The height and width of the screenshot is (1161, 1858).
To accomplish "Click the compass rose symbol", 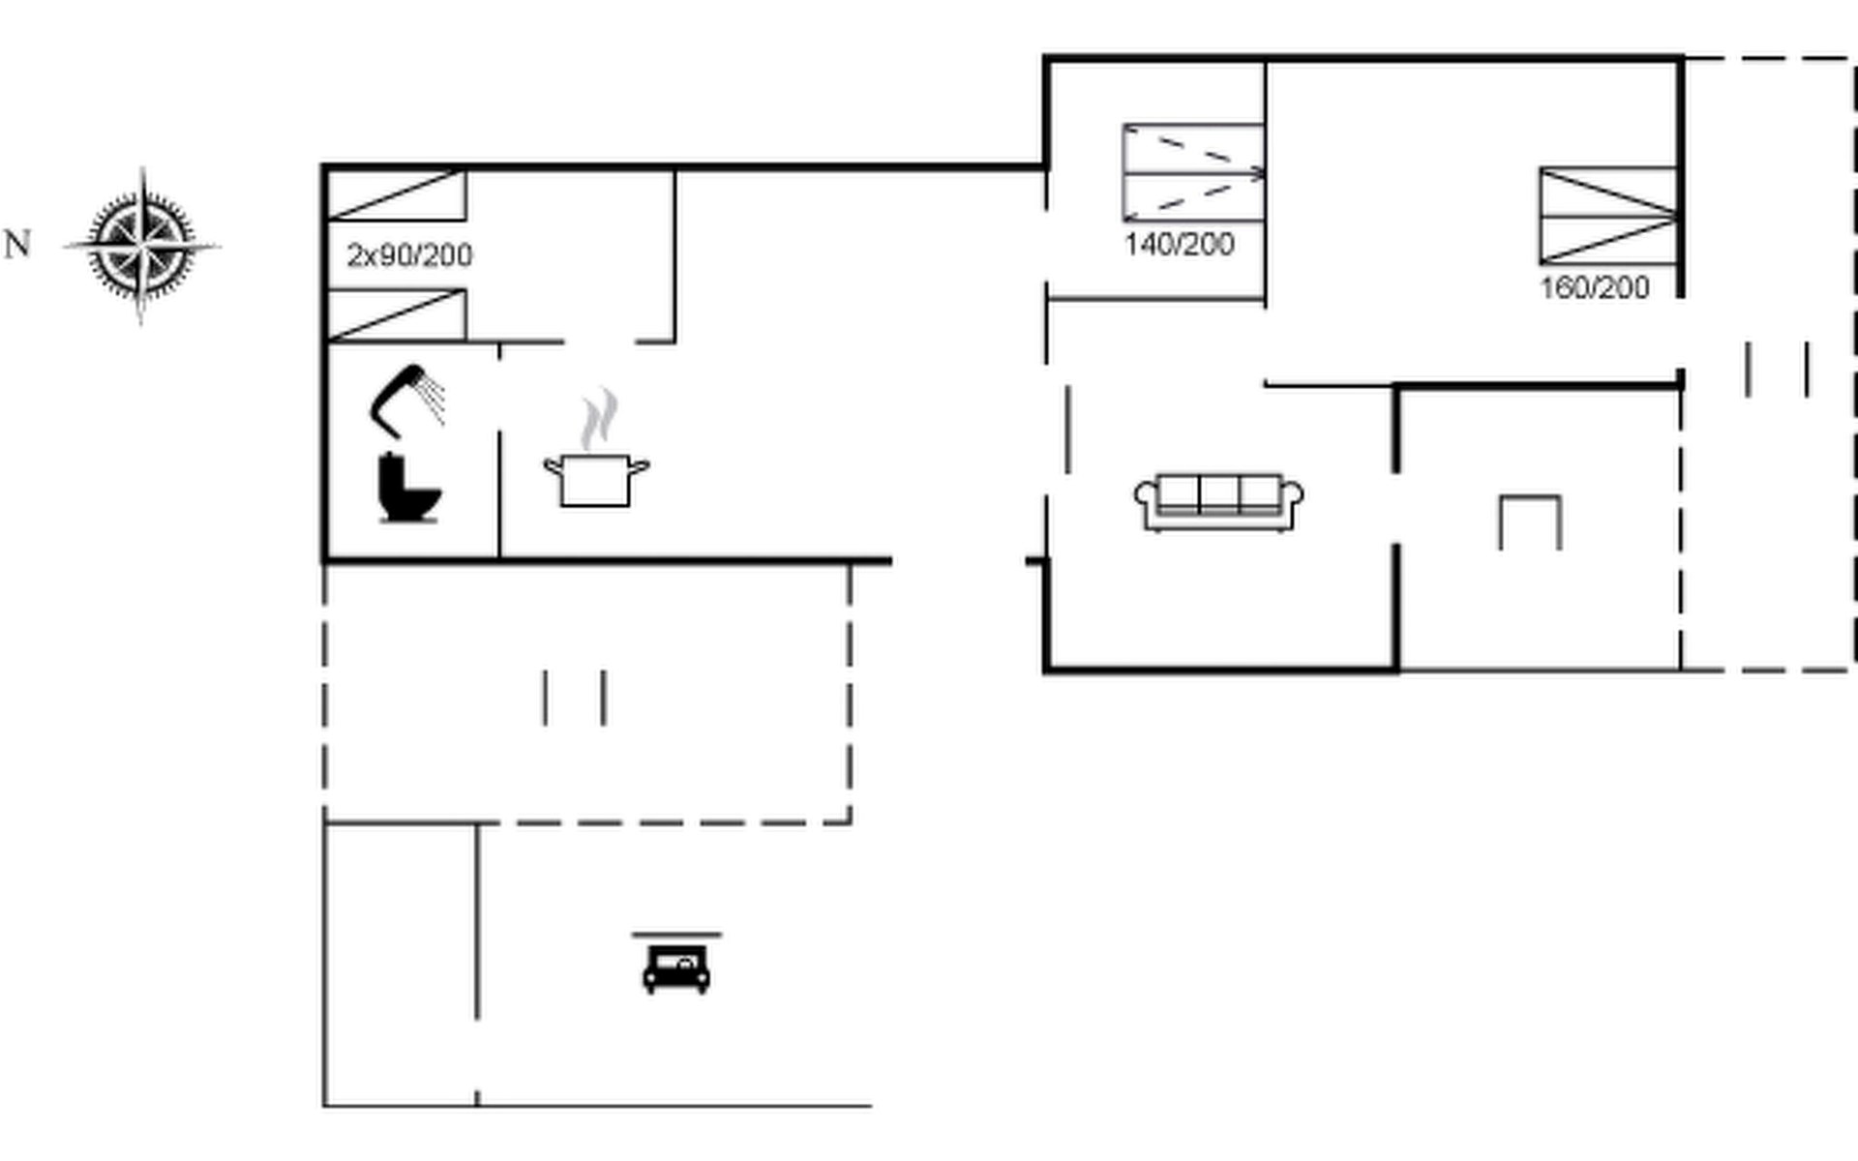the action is (x=142, y=246).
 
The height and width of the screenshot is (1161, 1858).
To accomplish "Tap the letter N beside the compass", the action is (x=17, y=245).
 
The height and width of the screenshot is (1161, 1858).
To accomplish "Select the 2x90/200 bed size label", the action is (x=409, y=255).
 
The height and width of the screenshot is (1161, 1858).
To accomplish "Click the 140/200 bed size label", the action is (x=1179, y=244).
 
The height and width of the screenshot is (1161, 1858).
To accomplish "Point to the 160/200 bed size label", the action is (x=1594, y=287).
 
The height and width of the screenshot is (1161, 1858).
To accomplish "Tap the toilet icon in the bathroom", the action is (x=407, y=488).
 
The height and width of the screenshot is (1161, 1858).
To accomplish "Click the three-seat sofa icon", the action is (x=1218, y=502).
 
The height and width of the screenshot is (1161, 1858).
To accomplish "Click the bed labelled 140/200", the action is (x=1194, y=172).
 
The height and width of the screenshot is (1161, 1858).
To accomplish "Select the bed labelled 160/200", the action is (x=1608, y=216).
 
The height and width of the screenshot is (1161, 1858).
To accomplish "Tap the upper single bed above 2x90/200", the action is (x=397, y=195).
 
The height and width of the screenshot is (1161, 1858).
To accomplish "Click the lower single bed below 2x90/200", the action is (x=397, y=314).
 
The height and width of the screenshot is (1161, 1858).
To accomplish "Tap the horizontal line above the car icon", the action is (x=676, y=935).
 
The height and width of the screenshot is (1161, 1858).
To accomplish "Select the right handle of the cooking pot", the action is (x=640, y=467).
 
